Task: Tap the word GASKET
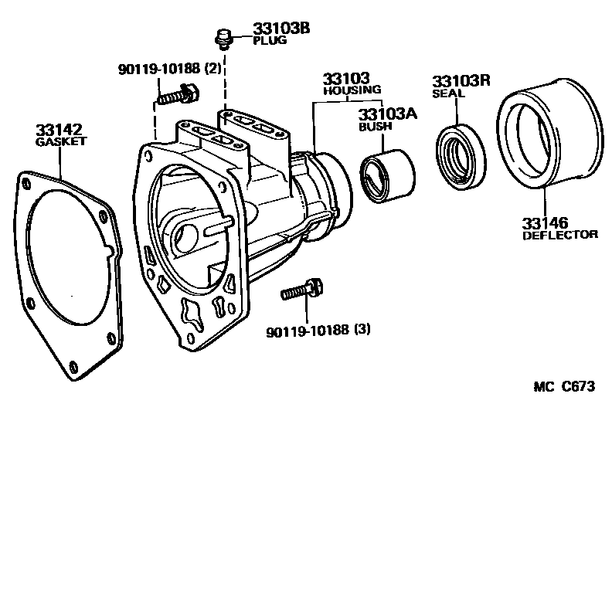(x=61, y=142)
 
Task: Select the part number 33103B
(x=280, y=29)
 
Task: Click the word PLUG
(x=270, y=41)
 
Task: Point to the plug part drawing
(x=223, y=36)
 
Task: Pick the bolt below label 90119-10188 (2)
(x=178, y=96)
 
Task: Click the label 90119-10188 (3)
(x=318, y=331)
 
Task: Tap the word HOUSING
(x=352, y=90)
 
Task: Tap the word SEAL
(x=448, y=93)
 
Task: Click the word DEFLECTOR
(x=559, y=235)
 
